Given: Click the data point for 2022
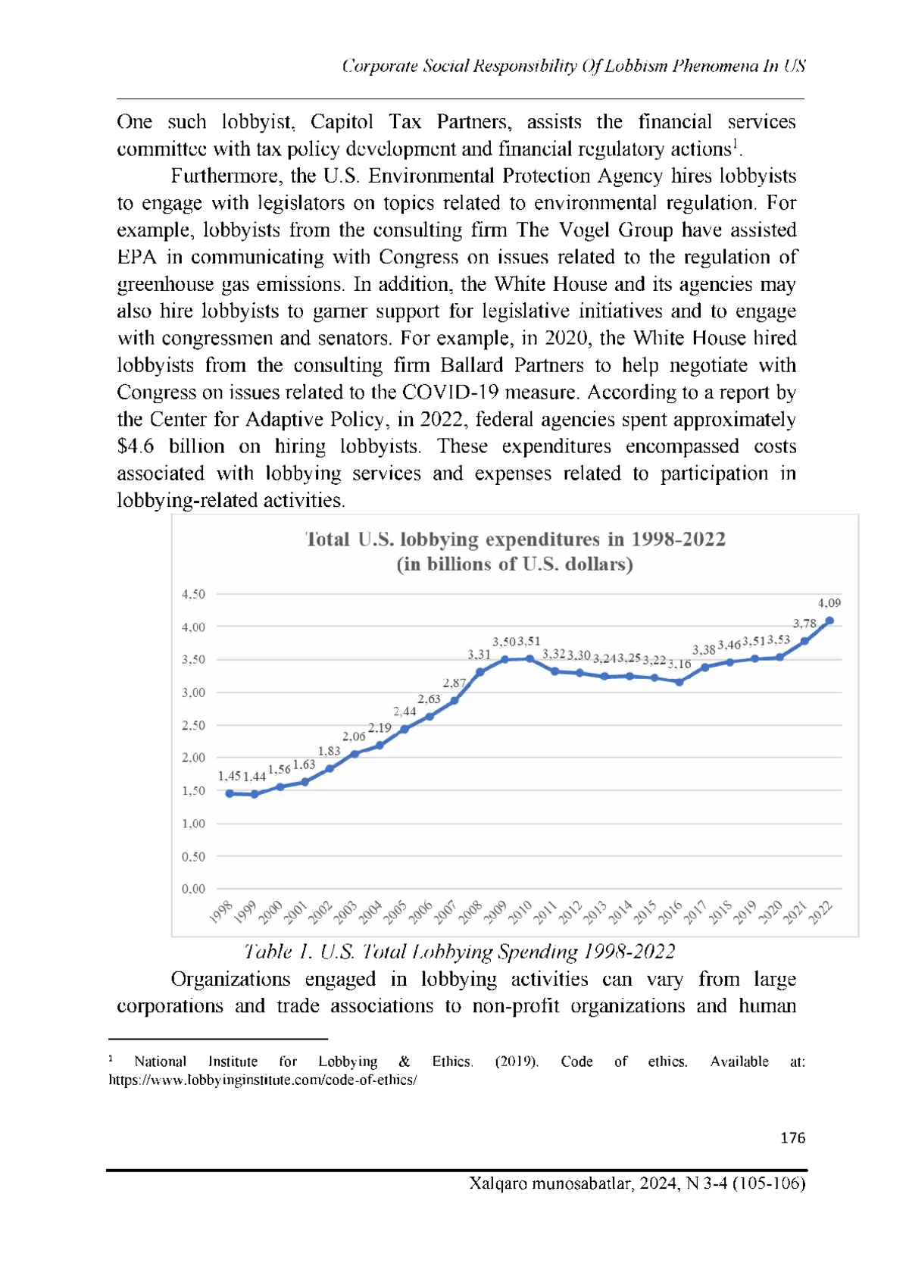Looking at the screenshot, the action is click(x=829, y=621).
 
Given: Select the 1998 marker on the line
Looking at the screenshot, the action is click(x=230, y=793).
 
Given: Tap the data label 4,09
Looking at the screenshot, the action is click(x=829, y=602).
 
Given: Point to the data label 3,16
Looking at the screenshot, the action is click(x=679, y=664).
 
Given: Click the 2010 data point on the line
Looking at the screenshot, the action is click(x=530, y=658).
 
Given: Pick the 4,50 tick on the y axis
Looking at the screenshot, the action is click(x=193, y=594).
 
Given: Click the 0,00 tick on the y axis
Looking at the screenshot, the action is click(x=193, y=889).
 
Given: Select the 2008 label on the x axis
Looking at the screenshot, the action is click(x=471, y=911).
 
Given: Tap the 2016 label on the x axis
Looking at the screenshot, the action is click(x=670, y=911).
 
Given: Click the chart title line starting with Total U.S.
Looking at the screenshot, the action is click(x=515, y=539).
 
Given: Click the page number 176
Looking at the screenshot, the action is click(x=792, y=1137).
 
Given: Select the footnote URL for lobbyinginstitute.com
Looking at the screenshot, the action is click(x=263, y=1080).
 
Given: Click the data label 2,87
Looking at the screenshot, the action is click(x=454, y=683).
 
